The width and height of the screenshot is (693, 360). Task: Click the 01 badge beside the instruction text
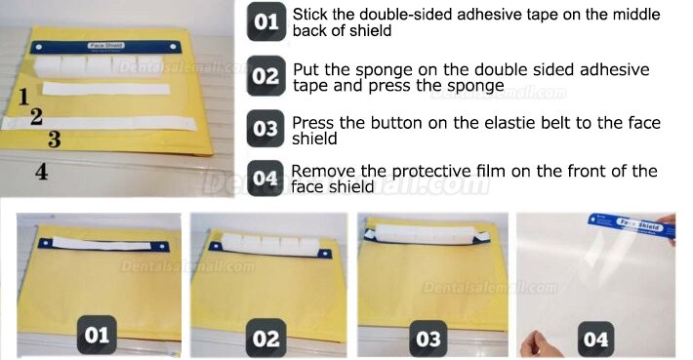point(266,22)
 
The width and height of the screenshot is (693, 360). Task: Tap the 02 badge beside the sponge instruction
point(265,76)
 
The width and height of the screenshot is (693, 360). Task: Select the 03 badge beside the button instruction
point(265,129)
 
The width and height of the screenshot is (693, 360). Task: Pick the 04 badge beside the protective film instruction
point(265,179)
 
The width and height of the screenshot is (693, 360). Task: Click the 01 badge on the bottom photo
point(97,335)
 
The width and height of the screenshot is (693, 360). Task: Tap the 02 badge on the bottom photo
point(265,339)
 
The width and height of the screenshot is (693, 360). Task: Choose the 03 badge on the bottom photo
point(428,339)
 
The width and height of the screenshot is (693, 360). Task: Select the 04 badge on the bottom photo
point(595,339)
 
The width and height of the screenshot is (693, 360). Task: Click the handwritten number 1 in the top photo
point(23,97)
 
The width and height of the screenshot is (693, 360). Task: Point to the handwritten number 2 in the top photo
point(36,117)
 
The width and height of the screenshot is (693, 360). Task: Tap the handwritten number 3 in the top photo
point(54,140)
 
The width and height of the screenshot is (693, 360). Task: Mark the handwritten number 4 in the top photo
point(41,172)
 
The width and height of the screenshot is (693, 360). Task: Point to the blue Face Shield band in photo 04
point(632,225)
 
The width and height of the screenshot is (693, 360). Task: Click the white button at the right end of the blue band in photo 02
point(325,255)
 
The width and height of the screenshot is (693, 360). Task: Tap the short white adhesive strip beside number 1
point(106,89)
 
